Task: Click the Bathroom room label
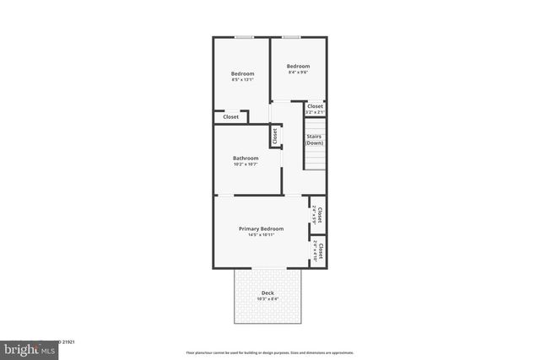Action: (246, 158)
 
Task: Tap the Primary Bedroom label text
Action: (261, 228)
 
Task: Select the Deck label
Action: (267, 293)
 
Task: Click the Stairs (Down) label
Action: (315, 139)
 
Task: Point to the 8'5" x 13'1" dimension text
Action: (243, 79)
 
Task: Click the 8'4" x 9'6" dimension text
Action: (298, 73)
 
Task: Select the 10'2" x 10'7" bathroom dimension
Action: (246, 164)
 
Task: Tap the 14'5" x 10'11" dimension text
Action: (261, 234)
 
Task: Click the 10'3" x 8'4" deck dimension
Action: (267, 298)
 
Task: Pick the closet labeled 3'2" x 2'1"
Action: (315, 109)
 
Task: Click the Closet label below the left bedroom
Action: (230, 116)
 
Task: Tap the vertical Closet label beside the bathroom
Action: (275, 134)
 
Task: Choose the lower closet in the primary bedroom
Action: (318, 251)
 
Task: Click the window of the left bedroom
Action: (245, 36)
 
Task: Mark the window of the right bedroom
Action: (292, 36)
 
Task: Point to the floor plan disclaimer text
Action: (269, 352)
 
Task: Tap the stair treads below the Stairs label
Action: (315, 159)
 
